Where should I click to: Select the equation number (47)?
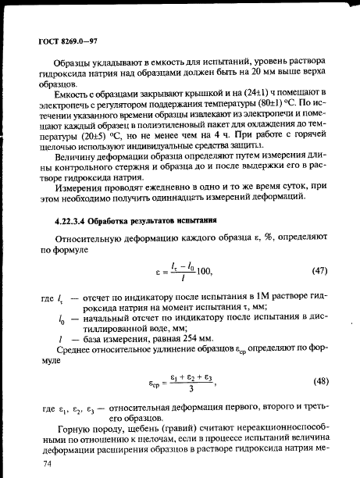click(x=319, y=271)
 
